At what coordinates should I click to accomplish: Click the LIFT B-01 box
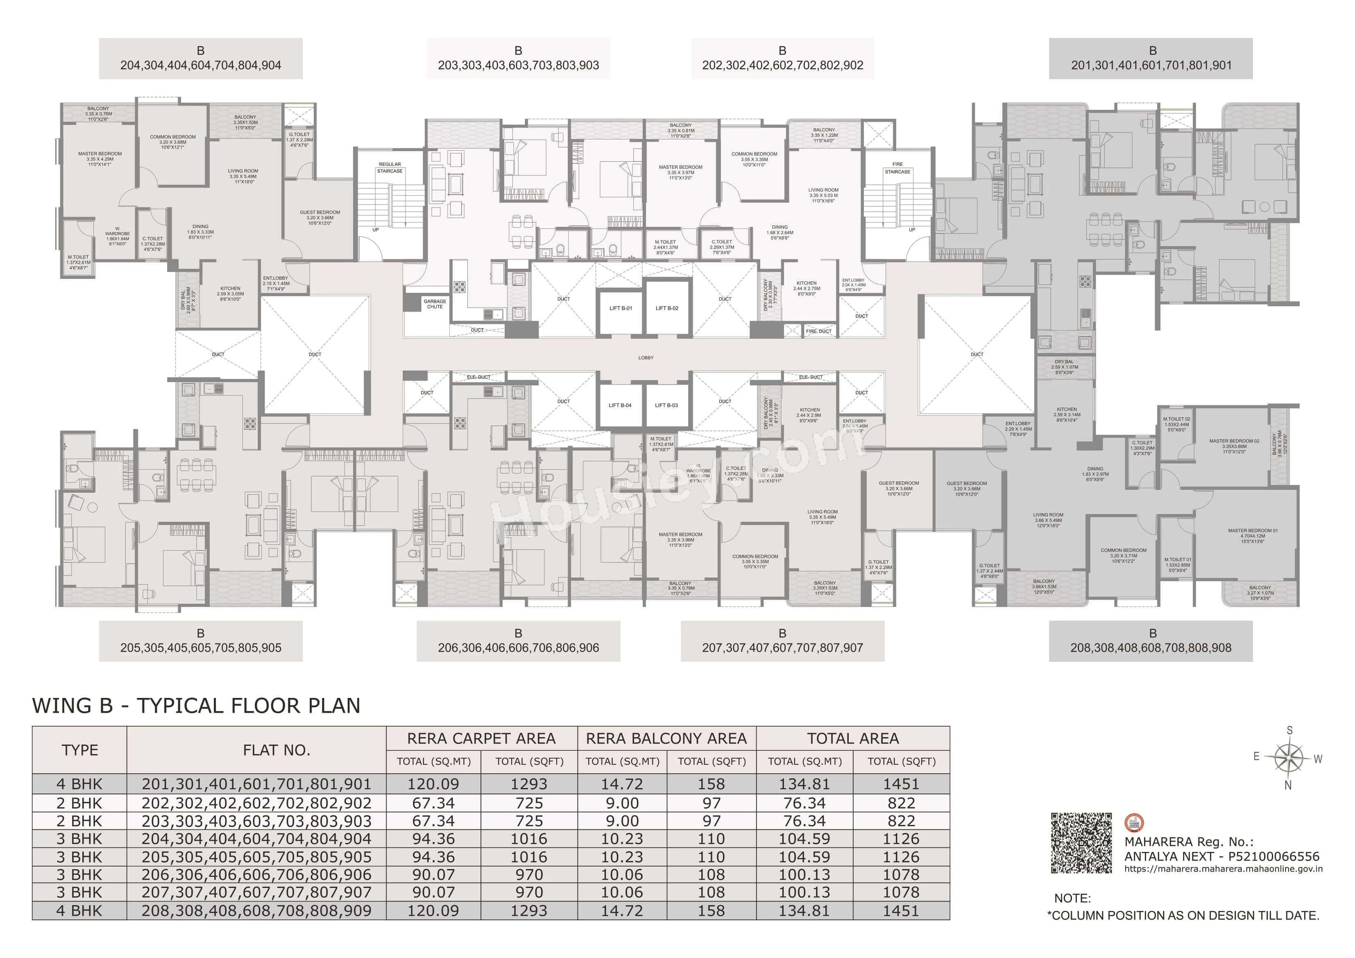(620, 308)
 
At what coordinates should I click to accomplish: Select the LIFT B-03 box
(666, 405)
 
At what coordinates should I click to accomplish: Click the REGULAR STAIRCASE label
(390, 168)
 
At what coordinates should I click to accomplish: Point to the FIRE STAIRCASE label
(897, 168)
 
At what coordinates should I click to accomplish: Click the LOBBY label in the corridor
(646, 358)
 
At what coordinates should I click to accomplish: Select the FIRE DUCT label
(818, 331)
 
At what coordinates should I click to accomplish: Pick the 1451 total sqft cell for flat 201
(901, 784)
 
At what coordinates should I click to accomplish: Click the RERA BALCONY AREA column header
(666, 738)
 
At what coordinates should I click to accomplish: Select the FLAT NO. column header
(276, 750)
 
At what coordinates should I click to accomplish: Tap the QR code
(1081, 843)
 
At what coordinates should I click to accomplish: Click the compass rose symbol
(1289, 758)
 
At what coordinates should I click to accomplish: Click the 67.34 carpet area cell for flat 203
(433, 821)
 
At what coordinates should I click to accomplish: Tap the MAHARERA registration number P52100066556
(1273, 856)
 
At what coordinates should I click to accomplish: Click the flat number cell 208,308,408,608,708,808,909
(256, 911)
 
